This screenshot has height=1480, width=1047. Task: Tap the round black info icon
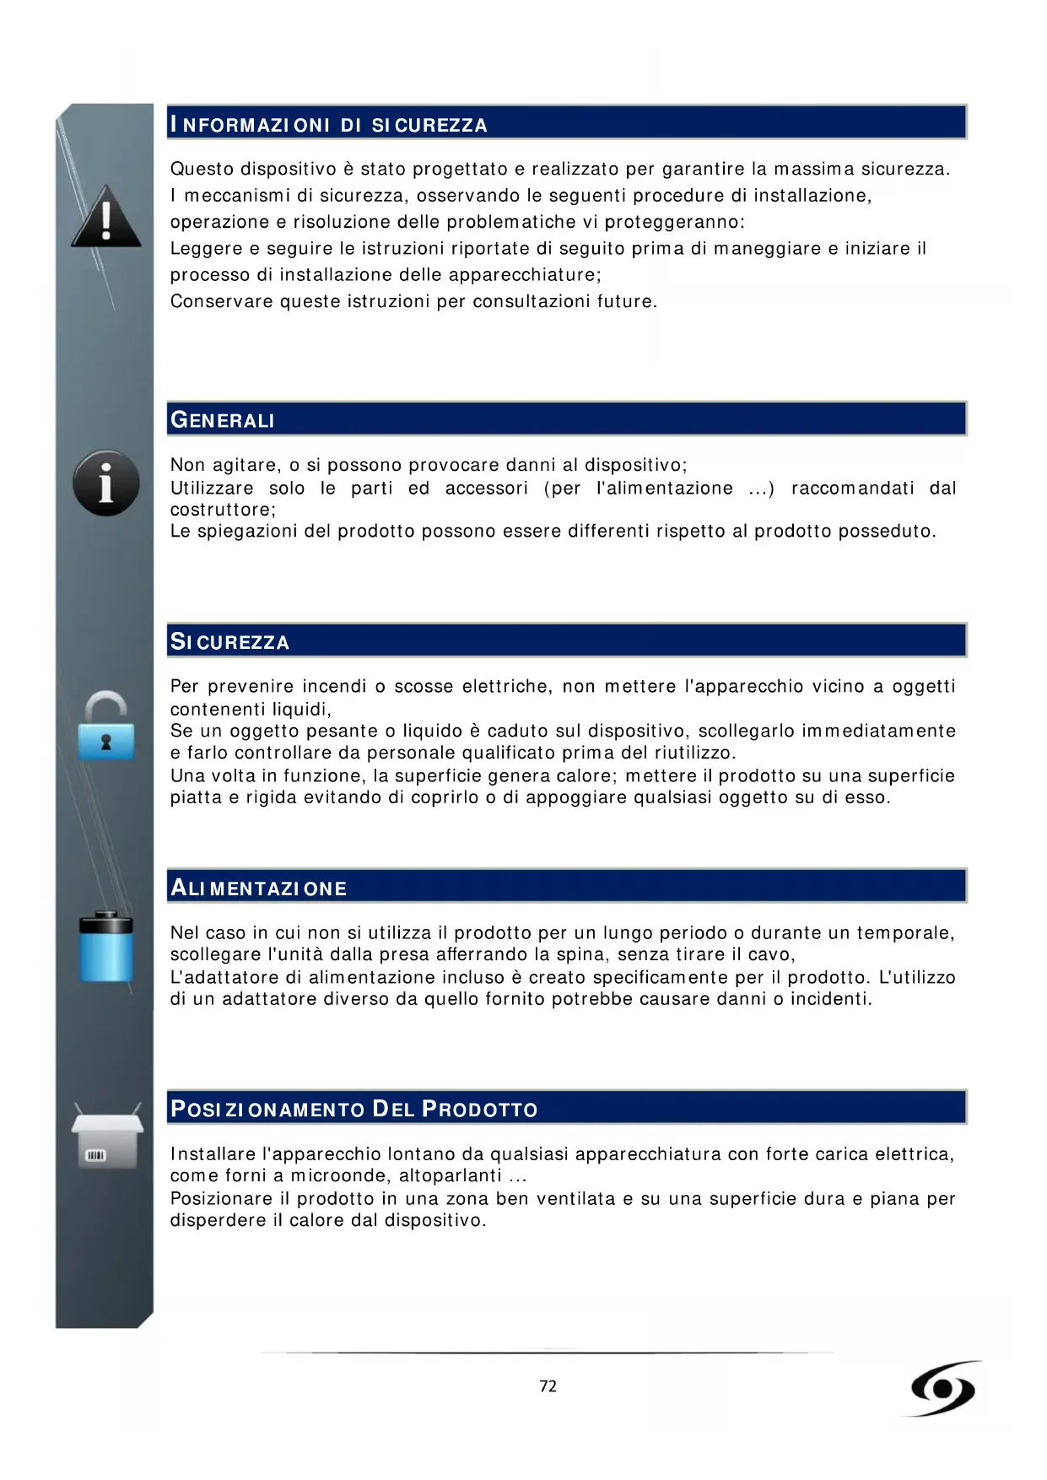[106, 483]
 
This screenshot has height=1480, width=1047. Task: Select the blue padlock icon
[106, 726]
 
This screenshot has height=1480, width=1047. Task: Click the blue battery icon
[106, 947]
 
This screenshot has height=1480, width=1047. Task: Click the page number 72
[548, 1386]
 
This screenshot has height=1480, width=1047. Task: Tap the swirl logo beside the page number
[943, 1388]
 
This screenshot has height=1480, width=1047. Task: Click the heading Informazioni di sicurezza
[328, 125]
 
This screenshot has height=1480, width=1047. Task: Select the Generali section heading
[223, 420]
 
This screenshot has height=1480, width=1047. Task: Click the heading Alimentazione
[258, 888]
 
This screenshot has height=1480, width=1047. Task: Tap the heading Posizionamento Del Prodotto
[353, 1109]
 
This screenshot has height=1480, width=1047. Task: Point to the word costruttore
[222, 510]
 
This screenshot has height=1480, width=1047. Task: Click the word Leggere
[206, 249]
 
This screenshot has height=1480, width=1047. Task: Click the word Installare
[213, 1154]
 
